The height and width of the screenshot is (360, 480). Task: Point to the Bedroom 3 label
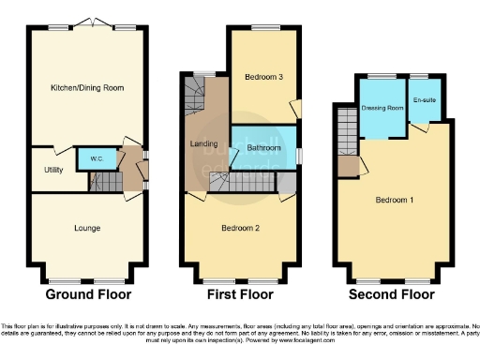[x=263, y=77]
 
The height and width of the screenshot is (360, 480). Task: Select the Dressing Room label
[x=382, y=108]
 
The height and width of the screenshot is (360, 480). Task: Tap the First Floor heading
[x=241, y=294]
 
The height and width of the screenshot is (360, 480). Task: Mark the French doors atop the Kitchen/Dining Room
[x=88, y=22]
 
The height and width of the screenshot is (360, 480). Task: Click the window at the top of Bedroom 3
[x=264, y=33]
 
